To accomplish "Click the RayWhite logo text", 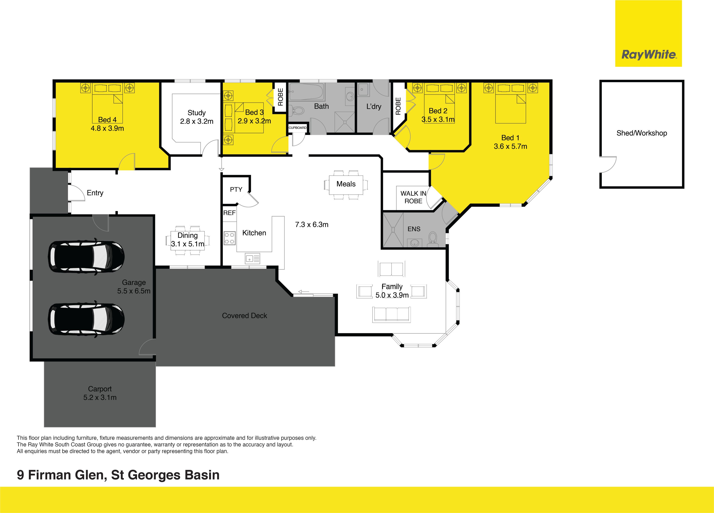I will [x=648, y=55].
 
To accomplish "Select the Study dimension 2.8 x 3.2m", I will [x=197, y=121].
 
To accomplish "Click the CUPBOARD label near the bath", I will [x=297, y=128].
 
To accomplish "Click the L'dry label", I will [x=374, y=107].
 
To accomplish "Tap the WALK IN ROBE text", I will [x=413, y=197].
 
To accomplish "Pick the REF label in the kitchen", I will [x=229, y=213].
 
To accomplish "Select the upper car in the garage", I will [x=86, y=257].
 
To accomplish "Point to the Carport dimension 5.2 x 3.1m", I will [x=100, y=398].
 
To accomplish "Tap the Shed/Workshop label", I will [x=642, y=133].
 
